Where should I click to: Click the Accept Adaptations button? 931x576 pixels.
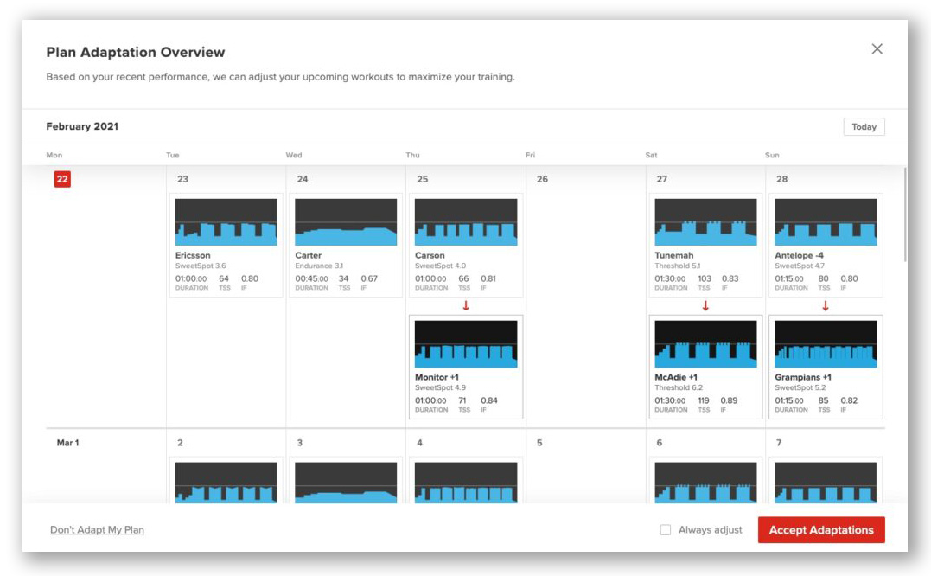(x=820, y=530)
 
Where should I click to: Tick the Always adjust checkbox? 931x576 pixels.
(x=665, y=530)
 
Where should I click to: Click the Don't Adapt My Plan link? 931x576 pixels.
(x=97, y=530)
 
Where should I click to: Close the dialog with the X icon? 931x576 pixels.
(x=877, y=49)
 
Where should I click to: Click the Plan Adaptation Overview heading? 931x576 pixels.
(x=135, y=53)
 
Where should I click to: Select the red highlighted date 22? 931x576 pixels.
(x=62, y=179)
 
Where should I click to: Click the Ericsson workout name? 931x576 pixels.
(x=193, y=256)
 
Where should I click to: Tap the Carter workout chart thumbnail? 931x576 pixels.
(x=346, y=222)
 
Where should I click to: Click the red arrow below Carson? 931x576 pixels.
(x=466, y=306)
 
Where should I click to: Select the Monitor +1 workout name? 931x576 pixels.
(x=437, y=378)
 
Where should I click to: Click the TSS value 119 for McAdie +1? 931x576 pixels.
(x=704, y=400)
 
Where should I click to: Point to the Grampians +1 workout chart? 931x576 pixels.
(x=826, y=344)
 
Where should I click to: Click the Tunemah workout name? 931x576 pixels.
(x=673, y=256)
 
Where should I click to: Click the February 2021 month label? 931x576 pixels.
(x=82, y=126)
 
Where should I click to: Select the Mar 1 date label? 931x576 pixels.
(x=67, y=443)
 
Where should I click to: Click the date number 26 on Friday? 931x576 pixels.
(x=542, y=179)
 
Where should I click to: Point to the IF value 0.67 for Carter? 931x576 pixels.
(x=369, y=278)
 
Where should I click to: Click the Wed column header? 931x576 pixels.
(x=294, y=156)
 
